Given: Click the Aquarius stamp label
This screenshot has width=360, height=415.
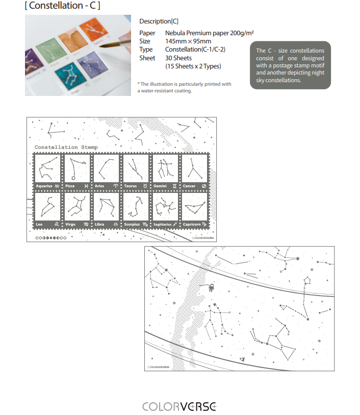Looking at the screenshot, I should pos(44,186).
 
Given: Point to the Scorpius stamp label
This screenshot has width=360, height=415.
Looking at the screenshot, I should pos(132,224).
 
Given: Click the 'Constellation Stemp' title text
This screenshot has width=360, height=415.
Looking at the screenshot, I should pos(66,147).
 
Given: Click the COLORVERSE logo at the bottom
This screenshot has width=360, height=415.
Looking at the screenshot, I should pos(179,406).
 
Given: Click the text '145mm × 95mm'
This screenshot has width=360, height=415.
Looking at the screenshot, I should pos(188,41).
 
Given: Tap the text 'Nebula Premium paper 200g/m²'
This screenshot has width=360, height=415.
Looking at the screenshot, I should pos(210,33).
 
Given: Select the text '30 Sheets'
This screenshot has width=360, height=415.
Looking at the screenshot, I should pos(178,58).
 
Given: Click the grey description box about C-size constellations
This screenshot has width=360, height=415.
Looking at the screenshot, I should pos(290,65).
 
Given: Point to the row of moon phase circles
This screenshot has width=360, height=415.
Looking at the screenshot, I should pos(50,237).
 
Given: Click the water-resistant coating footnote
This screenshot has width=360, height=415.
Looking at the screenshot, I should pos(184,87).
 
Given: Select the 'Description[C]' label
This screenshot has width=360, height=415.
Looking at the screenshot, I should pos(159,21).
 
